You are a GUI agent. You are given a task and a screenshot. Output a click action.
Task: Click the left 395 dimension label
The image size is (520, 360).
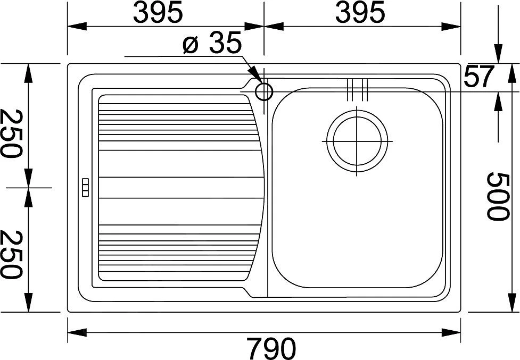click(x=158, y=13)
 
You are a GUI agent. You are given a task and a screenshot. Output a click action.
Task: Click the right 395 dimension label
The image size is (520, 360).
click(x=360, y=13)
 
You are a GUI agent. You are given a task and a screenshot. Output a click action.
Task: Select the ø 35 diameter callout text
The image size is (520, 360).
click(x=211, y=45)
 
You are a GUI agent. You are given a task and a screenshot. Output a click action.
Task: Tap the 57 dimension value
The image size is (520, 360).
click(x=480, y=78)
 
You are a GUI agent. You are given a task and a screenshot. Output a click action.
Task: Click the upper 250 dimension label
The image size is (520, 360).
click(x=12, y=134)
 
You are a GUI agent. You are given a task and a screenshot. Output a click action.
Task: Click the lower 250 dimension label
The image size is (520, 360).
click(x=12, y=254)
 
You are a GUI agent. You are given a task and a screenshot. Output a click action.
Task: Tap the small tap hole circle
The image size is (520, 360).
click(x=263, y=92)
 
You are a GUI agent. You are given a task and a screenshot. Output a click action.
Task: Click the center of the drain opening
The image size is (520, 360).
click(x=357, y=142)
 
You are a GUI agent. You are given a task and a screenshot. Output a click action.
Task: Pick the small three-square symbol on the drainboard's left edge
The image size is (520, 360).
click(x=85, y=188)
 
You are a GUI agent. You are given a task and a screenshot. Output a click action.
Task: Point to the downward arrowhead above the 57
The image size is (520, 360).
click(x=499, y=55)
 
